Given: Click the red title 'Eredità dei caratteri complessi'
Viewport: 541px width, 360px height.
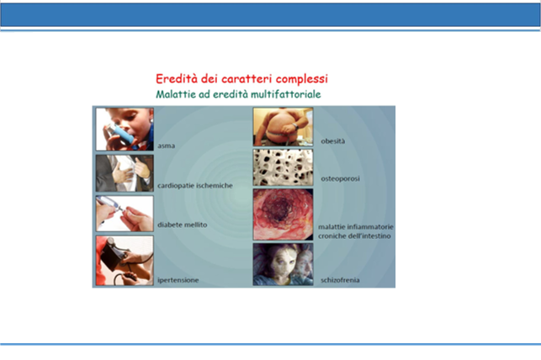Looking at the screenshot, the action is [241, 79].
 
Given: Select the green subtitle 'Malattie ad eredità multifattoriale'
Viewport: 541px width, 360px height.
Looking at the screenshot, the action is [238, 94].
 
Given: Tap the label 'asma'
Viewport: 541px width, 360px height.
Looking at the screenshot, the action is [167, 146].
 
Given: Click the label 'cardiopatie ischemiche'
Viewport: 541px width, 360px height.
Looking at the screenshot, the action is [195, 186].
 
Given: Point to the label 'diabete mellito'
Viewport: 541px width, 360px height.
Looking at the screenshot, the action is [183, 225].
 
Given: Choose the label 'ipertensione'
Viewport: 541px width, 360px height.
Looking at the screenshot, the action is [178, 280].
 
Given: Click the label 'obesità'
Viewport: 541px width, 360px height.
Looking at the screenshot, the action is [332, 141].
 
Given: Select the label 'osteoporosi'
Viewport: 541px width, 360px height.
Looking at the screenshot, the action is [340, 178].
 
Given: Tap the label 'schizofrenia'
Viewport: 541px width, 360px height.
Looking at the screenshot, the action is [340, 280].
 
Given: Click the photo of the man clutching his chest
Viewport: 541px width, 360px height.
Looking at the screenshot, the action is [125, 173].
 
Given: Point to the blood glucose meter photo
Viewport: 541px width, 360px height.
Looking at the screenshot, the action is [125, 214].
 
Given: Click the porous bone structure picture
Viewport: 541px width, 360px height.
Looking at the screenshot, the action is [283, 167].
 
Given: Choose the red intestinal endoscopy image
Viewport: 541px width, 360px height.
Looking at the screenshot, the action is [283, 214].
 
